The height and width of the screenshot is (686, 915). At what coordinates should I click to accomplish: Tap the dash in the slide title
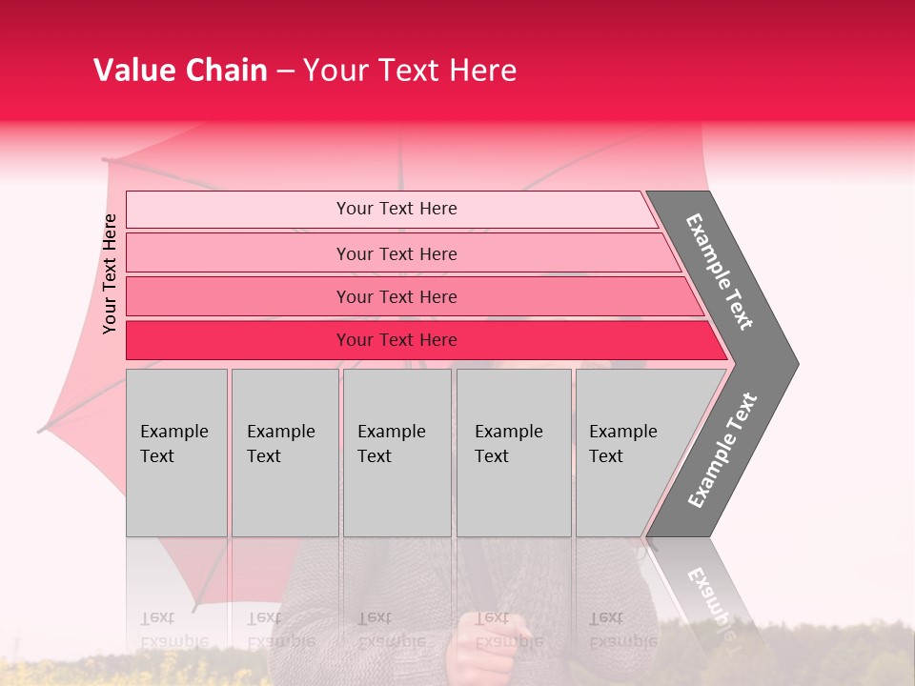tap(284, 71)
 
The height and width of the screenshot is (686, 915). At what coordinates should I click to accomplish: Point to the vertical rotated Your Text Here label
tap(110, 273)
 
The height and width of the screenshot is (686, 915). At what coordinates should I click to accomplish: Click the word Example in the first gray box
tap(173, 432)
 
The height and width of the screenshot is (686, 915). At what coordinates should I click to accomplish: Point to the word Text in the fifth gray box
tap(605, 456)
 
